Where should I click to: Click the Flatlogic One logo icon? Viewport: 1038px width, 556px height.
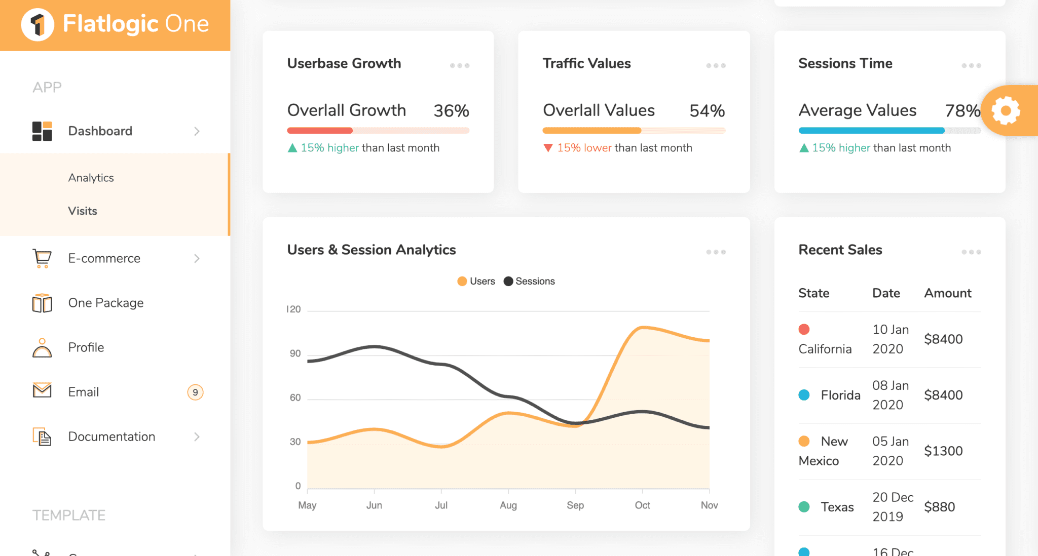(38, 24)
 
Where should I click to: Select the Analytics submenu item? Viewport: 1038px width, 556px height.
(91, 178)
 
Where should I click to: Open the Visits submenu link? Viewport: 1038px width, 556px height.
(83, 211)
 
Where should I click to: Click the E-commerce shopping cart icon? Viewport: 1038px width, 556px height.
(42, 258)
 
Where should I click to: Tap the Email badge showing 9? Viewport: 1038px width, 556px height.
(195, 392)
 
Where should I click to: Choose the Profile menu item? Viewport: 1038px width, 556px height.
(86, 347)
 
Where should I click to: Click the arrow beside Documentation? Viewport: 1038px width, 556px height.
(197, 436)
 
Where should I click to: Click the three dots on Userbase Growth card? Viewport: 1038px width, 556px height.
(460, 65)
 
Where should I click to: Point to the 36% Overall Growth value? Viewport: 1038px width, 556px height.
(451, 110)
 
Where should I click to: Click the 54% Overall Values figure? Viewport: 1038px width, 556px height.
(707, 110)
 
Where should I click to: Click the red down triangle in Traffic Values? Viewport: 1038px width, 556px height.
(548, 148)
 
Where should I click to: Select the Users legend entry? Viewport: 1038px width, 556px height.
(476, 281)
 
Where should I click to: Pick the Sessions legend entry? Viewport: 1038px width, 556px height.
(529, 281)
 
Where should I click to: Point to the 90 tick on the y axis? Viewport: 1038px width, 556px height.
(295, 353)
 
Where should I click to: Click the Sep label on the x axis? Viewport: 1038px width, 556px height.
(575, 505)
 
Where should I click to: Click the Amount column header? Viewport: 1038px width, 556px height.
(947, 293)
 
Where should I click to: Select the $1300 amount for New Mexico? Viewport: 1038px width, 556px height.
(943, 451)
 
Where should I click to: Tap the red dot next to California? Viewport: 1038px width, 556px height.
(804, 329)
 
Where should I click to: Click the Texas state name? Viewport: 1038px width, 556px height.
(837, 507)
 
